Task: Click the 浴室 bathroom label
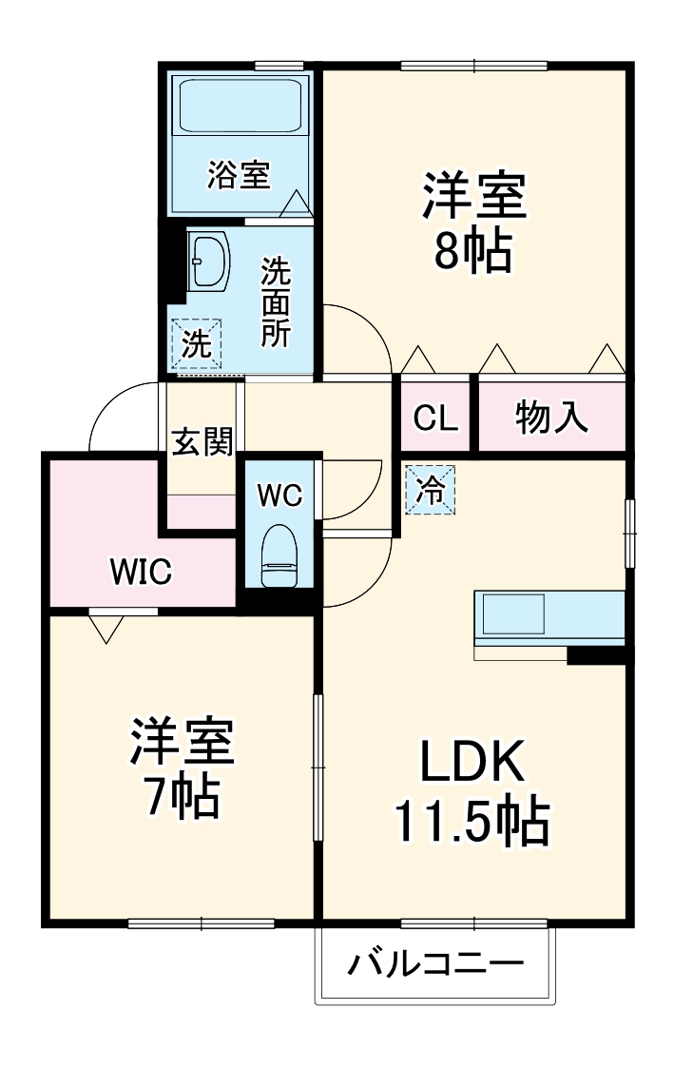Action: (x=240, y=175)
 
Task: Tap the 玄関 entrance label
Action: (x=202, y=441)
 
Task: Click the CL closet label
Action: (x=435, y=418)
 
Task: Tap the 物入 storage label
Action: (x=551, y=417)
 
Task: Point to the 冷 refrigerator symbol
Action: (x=431, y=490)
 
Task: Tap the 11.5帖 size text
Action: (x=472, y=822)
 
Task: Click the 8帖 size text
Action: (x=473, y=251)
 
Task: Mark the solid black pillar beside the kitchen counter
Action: (x=596, y=655)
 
